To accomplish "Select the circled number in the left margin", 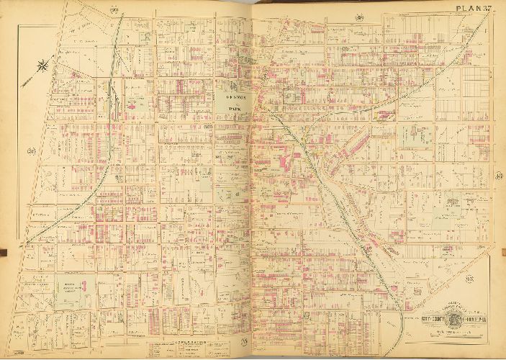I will (30, 150).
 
